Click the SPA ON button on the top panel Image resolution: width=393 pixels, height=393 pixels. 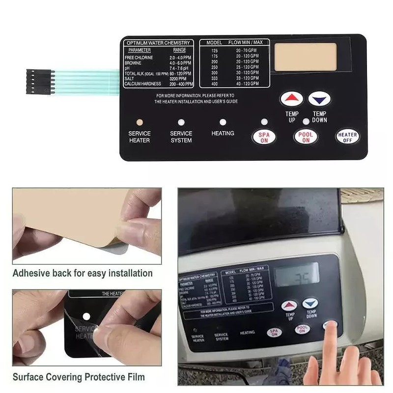(x=264, y=137)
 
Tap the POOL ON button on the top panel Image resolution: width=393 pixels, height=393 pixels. (x=306, y=137)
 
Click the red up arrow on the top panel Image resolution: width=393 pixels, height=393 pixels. (x=292, y=99)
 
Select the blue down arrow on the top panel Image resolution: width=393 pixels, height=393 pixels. (x=319, y=99)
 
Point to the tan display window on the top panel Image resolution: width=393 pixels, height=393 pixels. (x=305, y=56)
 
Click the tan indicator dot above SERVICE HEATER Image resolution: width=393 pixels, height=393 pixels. (x=140, y=122)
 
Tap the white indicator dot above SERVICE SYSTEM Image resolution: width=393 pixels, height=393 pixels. (x=181, y=122)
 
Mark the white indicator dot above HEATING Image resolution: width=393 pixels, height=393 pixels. (x=223, y=122)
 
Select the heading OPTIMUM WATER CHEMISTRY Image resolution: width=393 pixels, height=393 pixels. (x=158, y=43)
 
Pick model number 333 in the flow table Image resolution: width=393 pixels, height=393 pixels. (x=214, y=78)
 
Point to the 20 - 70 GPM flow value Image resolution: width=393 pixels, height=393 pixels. (x=246, y=51)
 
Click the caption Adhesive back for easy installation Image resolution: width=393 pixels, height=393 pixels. (x=83, y=273)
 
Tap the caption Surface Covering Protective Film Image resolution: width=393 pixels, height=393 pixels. (x=79, y=377)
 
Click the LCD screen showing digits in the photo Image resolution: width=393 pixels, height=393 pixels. (x=297, y=276)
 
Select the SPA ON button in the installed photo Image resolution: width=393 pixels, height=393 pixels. (x=273, y=332)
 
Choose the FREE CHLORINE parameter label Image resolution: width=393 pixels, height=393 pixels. (x=139, y=57)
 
